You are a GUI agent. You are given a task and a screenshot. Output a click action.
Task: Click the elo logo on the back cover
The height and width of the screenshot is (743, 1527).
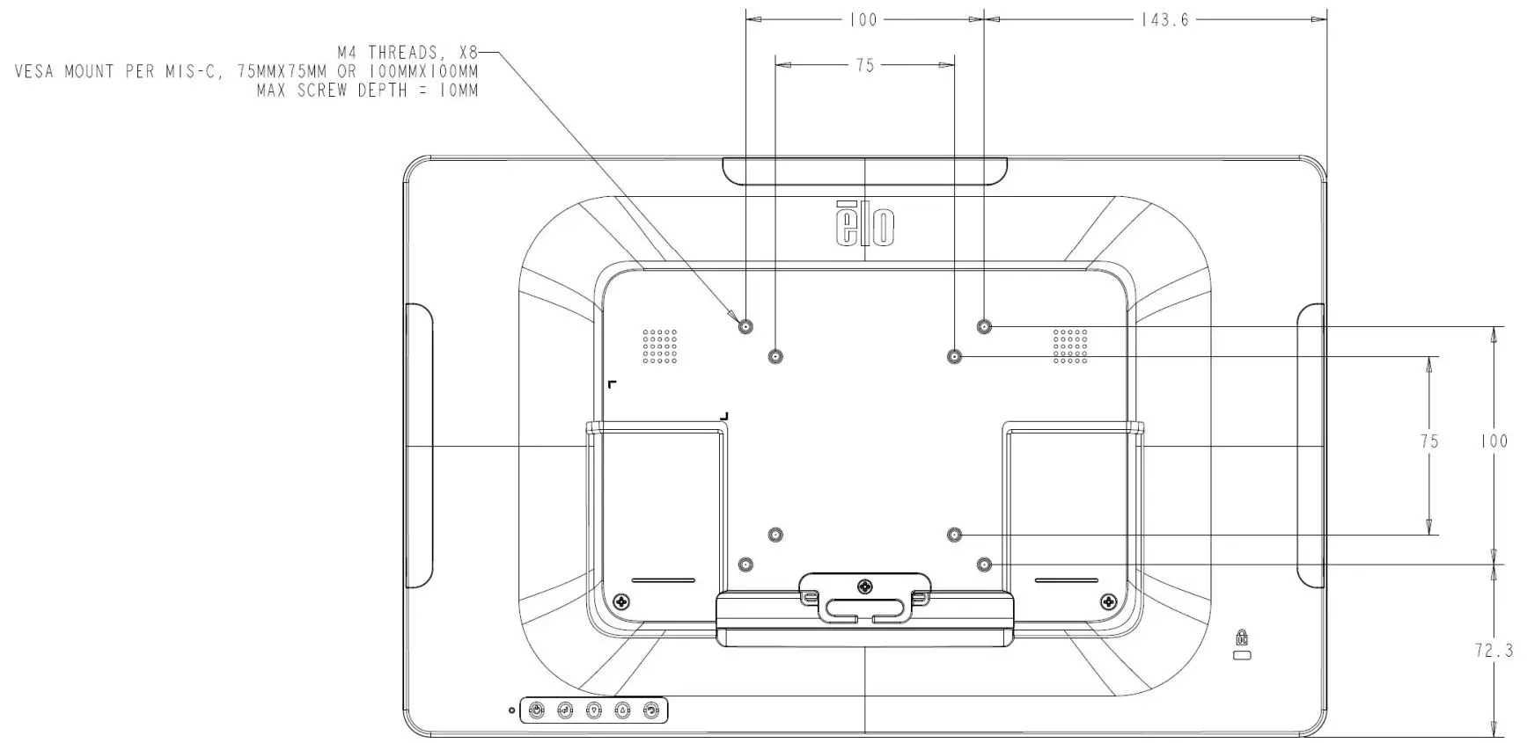click(x=865, y=224)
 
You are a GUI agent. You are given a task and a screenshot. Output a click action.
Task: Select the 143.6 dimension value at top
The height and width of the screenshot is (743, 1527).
click(x=1164, y=19)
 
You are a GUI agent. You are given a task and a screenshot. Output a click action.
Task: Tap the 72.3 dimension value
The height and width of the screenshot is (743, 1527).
click(x=1494, y=651)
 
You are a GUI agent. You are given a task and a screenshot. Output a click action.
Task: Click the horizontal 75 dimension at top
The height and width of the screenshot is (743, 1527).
click(x=865, y=65)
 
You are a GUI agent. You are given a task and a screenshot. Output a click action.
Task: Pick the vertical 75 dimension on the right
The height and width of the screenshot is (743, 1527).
click(x=1429, y=441)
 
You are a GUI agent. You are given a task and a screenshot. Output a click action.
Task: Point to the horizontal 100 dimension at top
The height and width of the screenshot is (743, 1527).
click(x=863, y=19)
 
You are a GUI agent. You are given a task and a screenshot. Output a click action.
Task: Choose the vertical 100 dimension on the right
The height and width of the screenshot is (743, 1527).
click(x=1494, y=441)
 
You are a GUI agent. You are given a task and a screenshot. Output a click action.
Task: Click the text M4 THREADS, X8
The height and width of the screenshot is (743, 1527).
click(x=407, y=53)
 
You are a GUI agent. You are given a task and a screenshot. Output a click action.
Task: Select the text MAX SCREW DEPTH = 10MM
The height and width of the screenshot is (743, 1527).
click(x=367, y=90)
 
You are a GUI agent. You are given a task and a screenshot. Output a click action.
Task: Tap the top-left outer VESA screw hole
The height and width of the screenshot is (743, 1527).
click(x=745, y=326)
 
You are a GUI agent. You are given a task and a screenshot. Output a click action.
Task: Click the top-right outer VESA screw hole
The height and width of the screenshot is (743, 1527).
click(x=984, y=326)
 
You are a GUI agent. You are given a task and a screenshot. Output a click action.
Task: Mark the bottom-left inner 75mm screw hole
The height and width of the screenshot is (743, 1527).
click(x=775, y=535)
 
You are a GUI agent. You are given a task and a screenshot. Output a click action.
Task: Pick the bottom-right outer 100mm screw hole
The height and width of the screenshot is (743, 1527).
click(x=984, y=564)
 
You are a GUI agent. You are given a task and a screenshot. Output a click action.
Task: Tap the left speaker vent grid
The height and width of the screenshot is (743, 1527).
click(x=659, y=346)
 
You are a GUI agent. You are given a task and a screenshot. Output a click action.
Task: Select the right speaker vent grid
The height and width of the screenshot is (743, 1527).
click(x=1070, y=346)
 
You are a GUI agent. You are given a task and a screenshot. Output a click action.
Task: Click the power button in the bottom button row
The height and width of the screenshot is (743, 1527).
click(x=536, y=710)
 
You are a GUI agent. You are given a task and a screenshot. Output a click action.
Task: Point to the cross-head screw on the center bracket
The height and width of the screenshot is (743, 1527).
click(x=866, y=585)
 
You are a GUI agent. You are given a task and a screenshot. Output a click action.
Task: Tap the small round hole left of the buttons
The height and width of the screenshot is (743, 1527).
click(x=511, y=710)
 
